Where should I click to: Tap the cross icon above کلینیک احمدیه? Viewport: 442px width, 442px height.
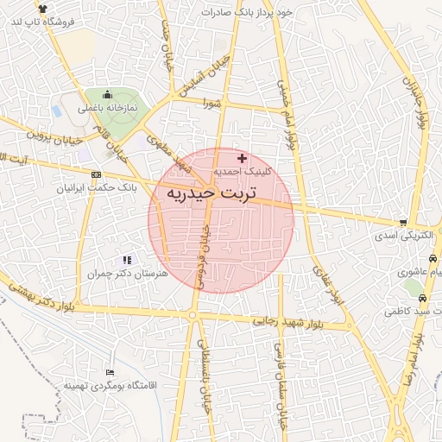coord(242,158)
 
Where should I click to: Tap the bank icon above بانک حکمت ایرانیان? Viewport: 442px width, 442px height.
coord(95,174)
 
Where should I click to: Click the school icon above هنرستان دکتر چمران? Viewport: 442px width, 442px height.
coord(127,259)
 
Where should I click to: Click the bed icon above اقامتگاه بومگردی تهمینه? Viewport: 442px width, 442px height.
coord(108,371)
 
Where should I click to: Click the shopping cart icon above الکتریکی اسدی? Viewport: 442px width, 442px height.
coord(401,222)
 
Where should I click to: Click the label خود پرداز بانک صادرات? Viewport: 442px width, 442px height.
coord(248,13)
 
